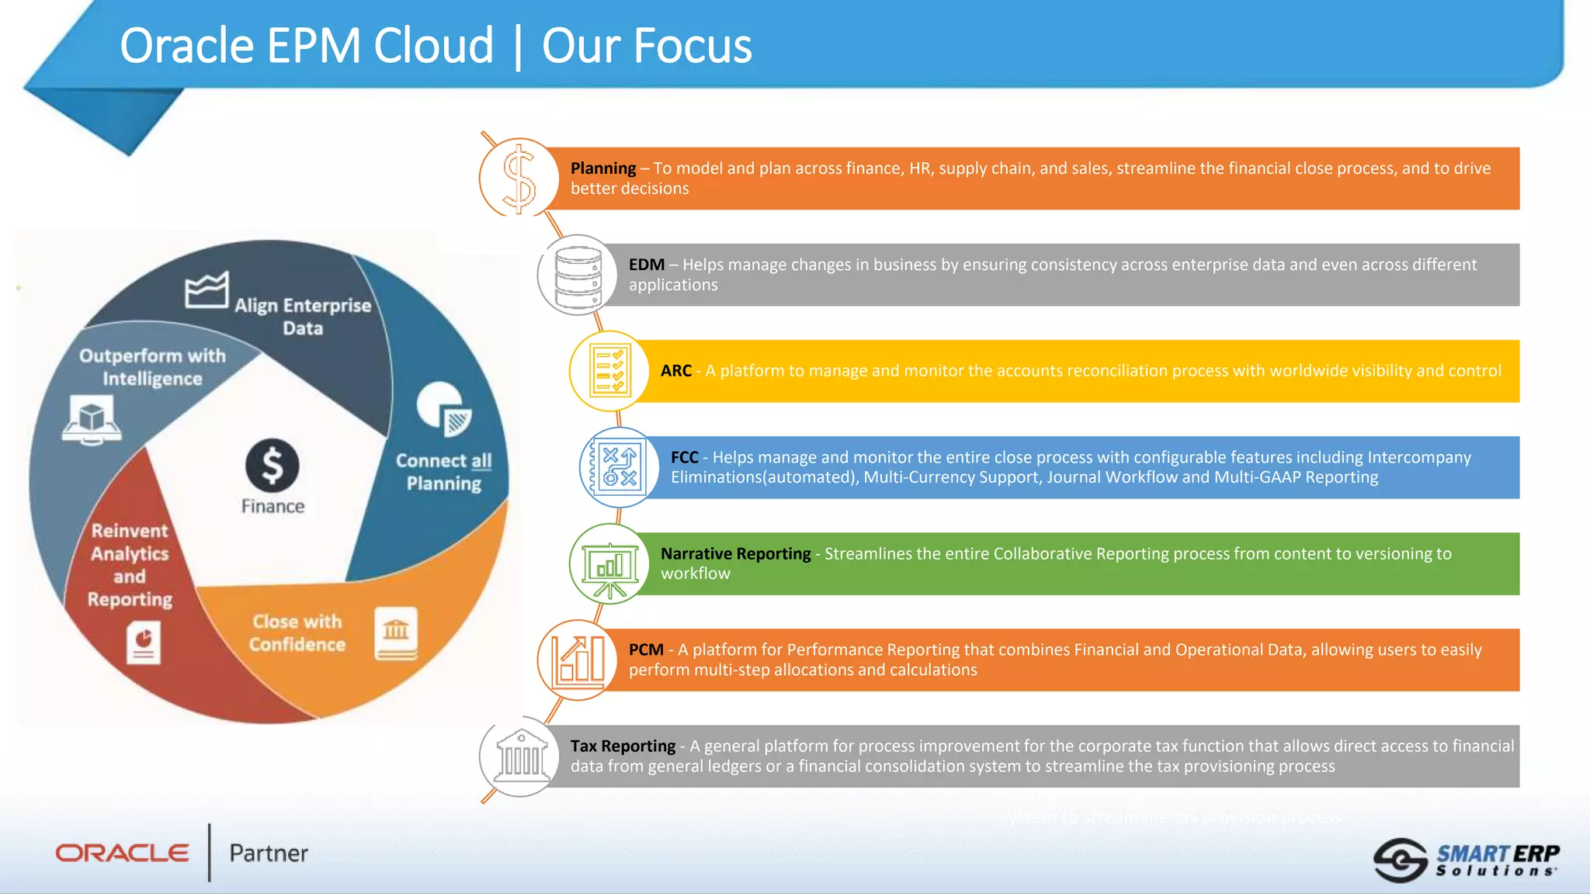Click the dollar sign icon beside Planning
(x=519, y=178)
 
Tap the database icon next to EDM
(x=578, y=275)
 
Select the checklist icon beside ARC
(x=609, y=371)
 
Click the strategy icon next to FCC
(x=619, y=467)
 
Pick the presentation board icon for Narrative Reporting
(x=609, y=564)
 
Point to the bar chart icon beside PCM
(x=578, y=660)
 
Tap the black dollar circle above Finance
(x=273, y=466)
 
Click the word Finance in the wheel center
(x=273, y=507)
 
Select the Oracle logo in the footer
(x=123, y=853)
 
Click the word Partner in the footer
(x=269, y=854)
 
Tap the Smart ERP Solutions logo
(x=1467, y=860)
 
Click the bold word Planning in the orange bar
(x=603, y=168)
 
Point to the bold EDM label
(x=646, y=265)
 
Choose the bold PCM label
(x=646, y=650)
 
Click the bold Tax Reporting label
(x=623, y=746)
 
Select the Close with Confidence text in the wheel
(x=297, y=632)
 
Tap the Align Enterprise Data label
(x=303, y=316)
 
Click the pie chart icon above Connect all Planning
(x=443, y=408)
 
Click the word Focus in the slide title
(x=647, y=46)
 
